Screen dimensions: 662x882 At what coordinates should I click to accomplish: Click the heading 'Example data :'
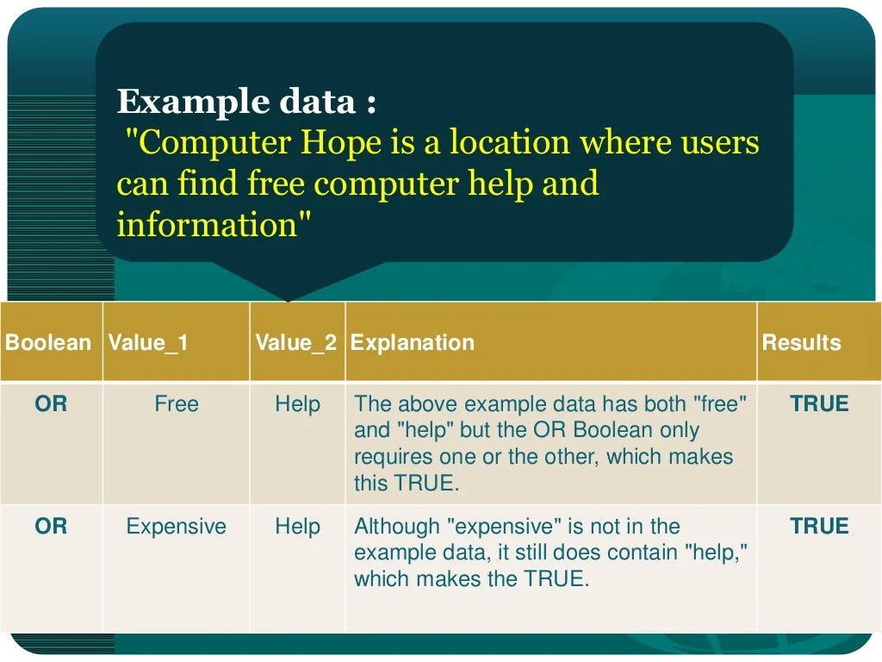[246, 102]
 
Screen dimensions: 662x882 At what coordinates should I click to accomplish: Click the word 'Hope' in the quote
[340, 142]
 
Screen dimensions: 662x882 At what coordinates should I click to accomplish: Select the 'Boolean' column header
[48, 343]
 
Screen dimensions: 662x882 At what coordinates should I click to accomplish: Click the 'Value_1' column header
[148, 343]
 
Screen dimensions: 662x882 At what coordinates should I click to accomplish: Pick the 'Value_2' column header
[296, 343]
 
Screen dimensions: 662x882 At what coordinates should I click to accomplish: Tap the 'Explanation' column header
[413, 343]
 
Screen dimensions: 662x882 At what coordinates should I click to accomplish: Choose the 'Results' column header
[801, 343]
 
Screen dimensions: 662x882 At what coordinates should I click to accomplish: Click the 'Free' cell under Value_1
[177, 403]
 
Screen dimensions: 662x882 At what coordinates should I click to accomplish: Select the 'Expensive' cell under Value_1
[177, 526]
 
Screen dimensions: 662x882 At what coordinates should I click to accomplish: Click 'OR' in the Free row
[51, 403]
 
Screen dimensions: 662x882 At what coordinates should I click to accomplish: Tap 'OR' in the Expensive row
[51, 526]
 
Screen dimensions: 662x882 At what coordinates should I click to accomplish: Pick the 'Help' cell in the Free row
[298, 403]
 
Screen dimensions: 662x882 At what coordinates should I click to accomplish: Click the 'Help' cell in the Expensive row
[298, 526]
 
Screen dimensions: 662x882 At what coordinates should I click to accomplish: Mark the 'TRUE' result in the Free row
[819, 403]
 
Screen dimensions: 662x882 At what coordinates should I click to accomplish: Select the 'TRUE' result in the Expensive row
[819, 526]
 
